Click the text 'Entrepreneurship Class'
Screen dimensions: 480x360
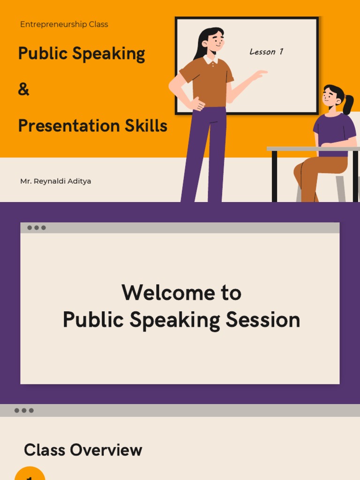(64, 24)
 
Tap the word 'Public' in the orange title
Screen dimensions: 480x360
(36, 54)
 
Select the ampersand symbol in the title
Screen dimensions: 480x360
(23, 90)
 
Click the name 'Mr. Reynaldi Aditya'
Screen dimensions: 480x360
(55, 181)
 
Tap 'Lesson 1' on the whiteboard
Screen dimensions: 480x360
(266, 52)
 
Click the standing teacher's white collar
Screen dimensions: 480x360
(210, 60)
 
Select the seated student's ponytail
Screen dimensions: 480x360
(348, 105)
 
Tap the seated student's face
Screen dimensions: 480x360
(330, 97)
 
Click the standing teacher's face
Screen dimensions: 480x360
(215, 41)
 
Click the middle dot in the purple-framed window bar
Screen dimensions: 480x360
(37, 228)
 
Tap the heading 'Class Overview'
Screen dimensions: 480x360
(83, 450)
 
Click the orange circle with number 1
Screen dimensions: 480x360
(30, 474)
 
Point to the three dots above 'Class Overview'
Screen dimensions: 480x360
(24, 411)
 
